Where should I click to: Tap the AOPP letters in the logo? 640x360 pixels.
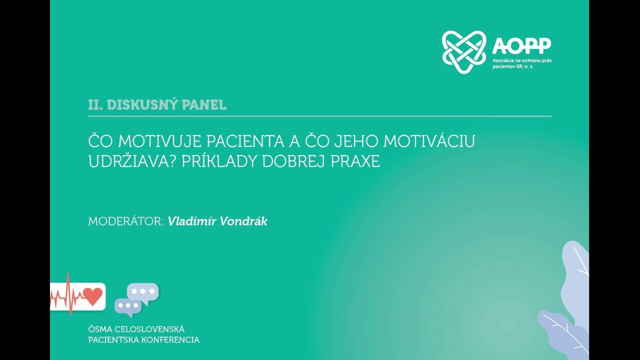521,45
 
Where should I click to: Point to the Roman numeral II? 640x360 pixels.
95,105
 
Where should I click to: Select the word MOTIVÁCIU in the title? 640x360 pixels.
429,141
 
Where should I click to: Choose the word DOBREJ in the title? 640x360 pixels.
290,162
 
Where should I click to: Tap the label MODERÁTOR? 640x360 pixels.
126,221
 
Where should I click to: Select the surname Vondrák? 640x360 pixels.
242,221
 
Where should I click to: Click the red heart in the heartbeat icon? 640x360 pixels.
92,296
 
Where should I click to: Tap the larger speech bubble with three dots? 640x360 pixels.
143,291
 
